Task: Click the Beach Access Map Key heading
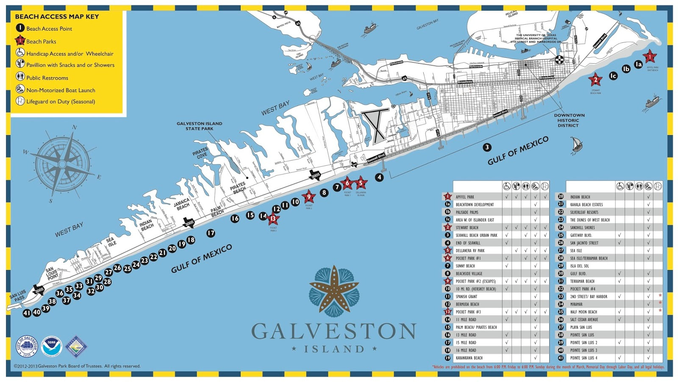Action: tap(57, 17)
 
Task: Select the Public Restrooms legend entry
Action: tap(47, 78)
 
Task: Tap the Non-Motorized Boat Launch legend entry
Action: tap(61, 90)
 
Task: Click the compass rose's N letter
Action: tap(75, 127)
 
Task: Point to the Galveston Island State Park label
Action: tap(199, 126)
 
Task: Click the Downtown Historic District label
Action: tap(569, 120)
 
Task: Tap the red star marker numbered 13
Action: tap(273, 219)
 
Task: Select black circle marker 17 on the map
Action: tap(211, 233)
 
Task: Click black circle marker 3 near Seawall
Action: tap(487, 147)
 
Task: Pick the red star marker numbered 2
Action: tap(595, 79)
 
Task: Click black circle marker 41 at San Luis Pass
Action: tap(27, 313)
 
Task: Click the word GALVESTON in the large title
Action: tap(334, 331)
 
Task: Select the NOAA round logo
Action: tap(52, 346)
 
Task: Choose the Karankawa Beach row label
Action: tap(469, 358)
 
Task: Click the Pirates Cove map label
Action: tap(200, 153)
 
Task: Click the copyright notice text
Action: tap(77, 366)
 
